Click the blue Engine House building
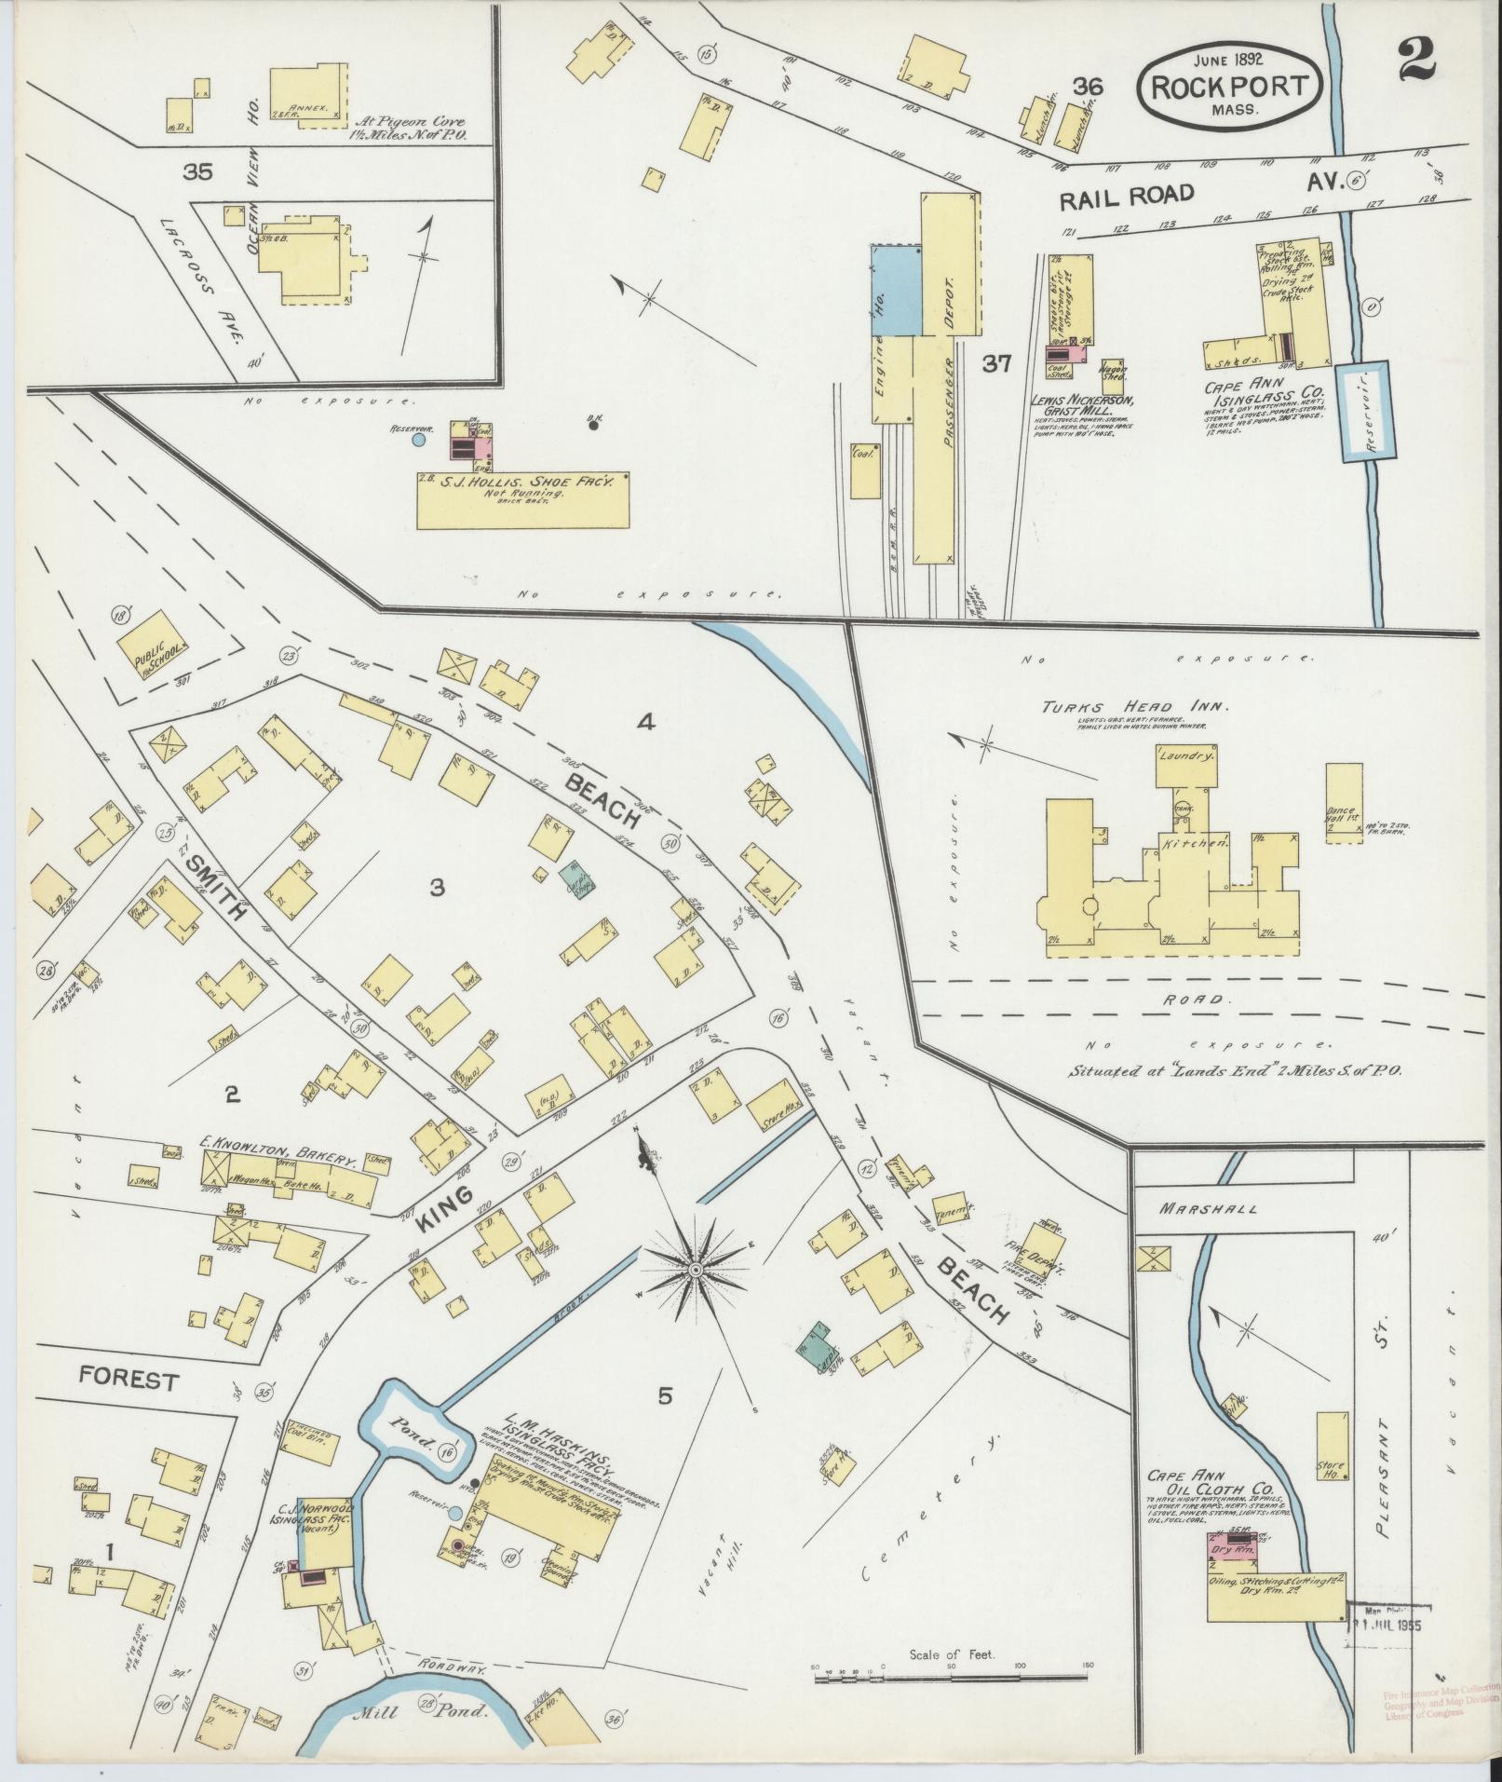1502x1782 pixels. coord(896,291)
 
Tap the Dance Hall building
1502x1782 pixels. coord(1343,803)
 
